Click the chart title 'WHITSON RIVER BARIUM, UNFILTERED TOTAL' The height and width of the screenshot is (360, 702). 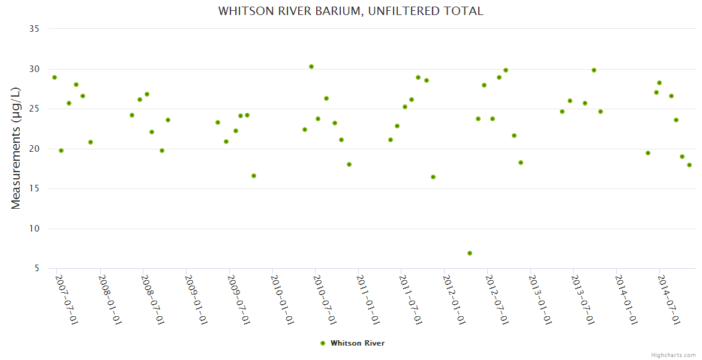[x=350, y=11]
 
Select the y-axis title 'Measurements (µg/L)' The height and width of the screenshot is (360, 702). [x=16, y=148]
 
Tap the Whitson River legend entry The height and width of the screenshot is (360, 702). [x=353, y=343]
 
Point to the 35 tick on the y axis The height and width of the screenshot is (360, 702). [x=34, y=29]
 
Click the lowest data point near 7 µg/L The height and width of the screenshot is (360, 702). [x=470, y=253]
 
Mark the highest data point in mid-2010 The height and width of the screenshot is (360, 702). [x=311, y=67]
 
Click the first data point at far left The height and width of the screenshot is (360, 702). [x=55, y=77]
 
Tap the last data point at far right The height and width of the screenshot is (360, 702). [x=689, y=165]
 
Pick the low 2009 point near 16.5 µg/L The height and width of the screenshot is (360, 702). [x=254, y=176]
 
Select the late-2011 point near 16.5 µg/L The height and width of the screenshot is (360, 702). [x=433, y=177]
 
